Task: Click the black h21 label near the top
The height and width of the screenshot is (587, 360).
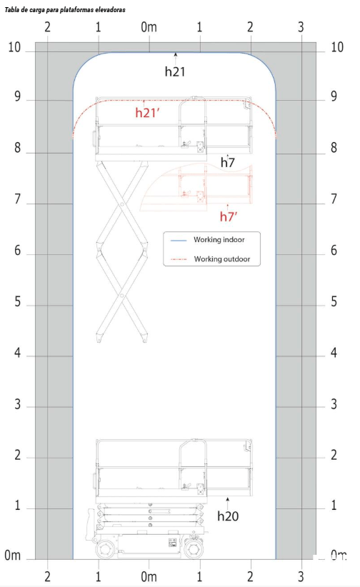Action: [x=175, y=71]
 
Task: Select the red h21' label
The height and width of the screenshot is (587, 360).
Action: [x=148, y=112]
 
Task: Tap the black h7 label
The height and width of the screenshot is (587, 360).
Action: [x=227, y=162]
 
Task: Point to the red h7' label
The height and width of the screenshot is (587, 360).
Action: [x=229, y=216]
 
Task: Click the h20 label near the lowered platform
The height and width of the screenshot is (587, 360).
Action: [x=228, y=516]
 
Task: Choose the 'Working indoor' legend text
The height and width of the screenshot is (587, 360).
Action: [x=219, y=240]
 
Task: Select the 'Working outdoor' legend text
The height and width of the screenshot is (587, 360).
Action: [x=221, y=259]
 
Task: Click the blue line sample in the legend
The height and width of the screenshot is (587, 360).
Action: [x=179, y=240]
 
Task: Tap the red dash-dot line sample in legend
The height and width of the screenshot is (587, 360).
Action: [x=179, y=259]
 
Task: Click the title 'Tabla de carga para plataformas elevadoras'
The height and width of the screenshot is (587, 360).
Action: [x=65, y=10]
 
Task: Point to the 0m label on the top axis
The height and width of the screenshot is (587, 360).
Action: [x=149, y=27]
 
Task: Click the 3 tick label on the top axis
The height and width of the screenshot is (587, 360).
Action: [x=301, y=27]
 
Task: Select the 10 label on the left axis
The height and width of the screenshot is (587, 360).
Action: [x=14, y=47]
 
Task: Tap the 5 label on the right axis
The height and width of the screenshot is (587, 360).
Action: [x=334, y=301]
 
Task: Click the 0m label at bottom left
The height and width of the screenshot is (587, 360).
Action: [x=12, y=555]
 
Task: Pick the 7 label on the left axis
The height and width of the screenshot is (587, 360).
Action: [x=18, y=199]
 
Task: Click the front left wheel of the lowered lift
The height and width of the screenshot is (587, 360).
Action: [x=105, y=549]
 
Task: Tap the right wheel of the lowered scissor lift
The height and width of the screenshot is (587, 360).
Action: [x=194, y=549]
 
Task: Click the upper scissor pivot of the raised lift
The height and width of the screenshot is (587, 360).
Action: [x=121, y=204]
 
